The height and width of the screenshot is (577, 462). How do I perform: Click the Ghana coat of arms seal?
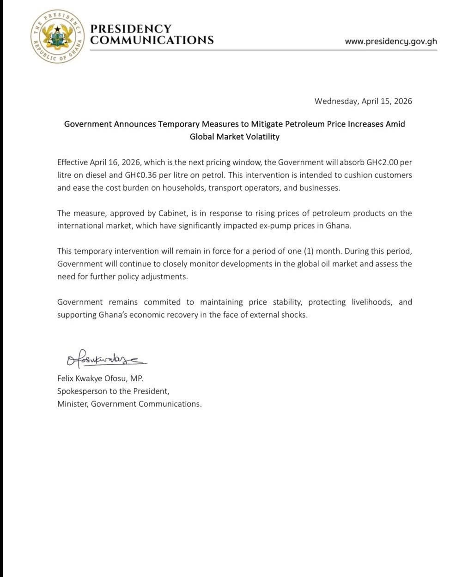coord(57,36)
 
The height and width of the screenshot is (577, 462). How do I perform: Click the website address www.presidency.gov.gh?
coord(391,41)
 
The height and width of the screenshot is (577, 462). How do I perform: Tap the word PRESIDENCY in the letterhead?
coord(131,29)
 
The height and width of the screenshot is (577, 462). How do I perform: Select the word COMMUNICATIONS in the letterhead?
coord(152,40)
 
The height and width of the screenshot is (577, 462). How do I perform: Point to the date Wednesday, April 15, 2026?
coord(363,101)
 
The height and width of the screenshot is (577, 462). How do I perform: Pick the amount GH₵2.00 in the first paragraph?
coord(383,162)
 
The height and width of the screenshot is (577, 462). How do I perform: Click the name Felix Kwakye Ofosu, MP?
coord(100,379)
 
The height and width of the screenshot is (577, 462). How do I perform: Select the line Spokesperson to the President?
coord(113,391)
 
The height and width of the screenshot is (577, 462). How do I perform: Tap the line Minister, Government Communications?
coord(129,404)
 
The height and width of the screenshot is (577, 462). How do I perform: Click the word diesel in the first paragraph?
coord(97,175)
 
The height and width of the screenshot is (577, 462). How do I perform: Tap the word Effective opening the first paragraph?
coord(73,162)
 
